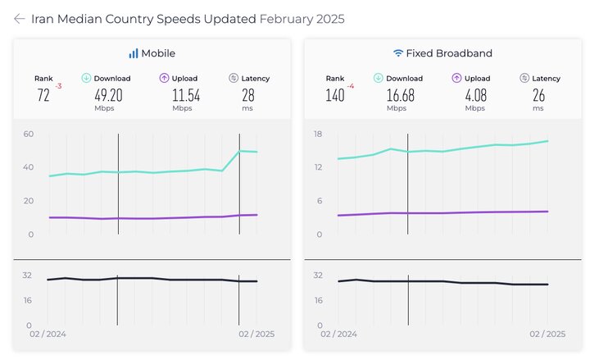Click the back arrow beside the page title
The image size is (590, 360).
(19, 19)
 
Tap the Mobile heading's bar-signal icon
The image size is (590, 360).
(133, 53)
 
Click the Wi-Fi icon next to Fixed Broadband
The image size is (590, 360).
(398, 53)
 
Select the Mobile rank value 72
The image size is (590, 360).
(43, 95)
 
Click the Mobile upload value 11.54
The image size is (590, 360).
(186, 95)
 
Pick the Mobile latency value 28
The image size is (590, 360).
(247, 95)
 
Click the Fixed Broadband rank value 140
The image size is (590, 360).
(334, 95)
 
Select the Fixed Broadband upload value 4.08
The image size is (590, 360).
(475, 95)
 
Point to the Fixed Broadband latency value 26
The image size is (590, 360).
(538, 95)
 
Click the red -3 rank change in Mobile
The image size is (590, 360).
(58, 85)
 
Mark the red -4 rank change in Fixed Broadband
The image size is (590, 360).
(351, 85)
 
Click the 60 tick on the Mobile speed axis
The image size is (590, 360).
(29, 134)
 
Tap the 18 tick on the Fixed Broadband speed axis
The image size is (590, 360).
(318, 134)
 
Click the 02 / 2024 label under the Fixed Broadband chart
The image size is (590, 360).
(339, 335)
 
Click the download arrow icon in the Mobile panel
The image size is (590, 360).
(86, 78)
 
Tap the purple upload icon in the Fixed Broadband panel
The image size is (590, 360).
(456, 78)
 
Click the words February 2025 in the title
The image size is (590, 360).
(302, 19)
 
